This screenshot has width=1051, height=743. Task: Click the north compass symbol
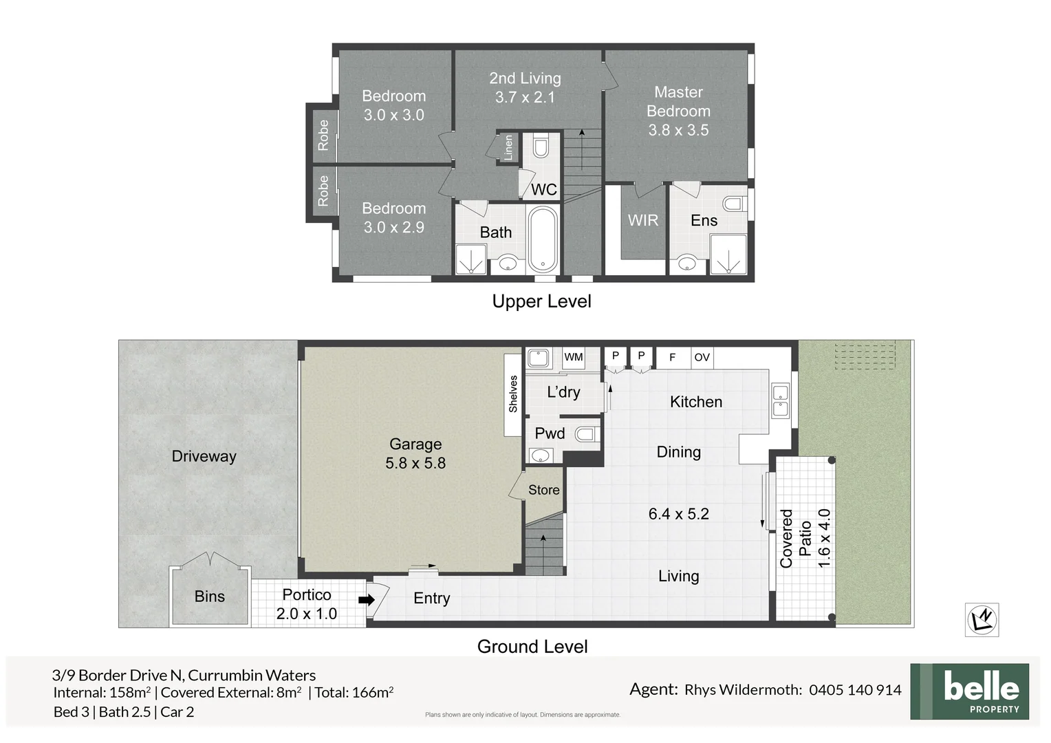[982, 620]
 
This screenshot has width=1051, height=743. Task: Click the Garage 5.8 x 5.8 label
[415, 454]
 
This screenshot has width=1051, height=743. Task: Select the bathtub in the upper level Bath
[543, 240]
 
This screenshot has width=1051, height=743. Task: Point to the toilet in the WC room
[541, 148]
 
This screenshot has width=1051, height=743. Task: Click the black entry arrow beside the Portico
[367, 599]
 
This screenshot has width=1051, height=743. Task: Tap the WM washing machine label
[573, 357]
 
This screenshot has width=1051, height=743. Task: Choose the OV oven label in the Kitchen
[702, 357]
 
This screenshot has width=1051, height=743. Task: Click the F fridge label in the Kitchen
[672, 357]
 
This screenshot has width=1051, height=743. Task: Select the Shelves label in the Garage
[513, 394]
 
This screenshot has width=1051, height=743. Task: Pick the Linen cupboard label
[508, 147]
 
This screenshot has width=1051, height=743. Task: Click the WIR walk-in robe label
[643, 220]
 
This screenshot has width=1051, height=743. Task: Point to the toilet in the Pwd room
[586, 434]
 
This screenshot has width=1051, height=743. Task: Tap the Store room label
[543, 490]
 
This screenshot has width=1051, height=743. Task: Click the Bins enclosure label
[210, 596]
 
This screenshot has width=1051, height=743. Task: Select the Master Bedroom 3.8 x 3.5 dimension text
[678, 130]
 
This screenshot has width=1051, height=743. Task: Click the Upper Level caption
[541, 301]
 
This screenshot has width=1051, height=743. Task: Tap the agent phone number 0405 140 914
[855, 690]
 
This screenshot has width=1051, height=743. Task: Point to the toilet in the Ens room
[734, 204]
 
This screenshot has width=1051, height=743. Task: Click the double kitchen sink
[780, 401]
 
